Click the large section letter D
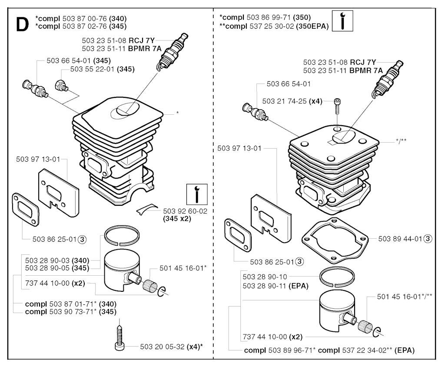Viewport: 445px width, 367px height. [23, 25]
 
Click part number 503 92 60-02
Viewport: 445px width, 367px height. [185, 211]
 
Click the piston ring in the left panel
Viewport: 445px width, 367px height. [122, 236]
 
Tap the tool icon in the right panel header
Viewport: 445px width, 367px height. [342, 21]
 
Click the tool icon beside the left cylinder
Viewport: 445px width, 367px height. [197, 194]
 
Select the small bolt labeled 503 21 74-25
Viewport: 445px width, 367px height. [337, 106]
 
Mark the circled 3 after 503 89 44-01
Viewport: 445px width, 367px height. [428, 239]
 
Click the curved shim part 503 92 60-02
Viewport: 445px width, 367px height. [147, 209]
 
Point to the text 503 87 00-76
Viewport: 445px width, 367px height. [85, 18]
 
